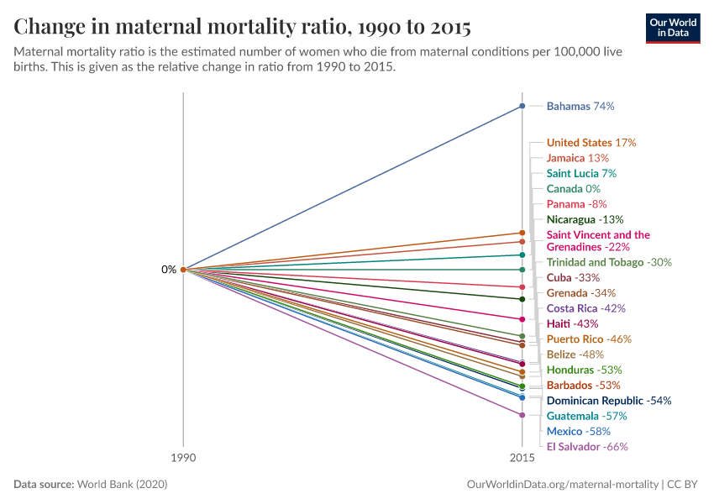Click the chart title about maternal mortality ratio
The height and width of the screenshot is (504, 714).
242,27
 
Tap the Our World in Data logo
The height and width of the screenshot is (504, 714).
672,28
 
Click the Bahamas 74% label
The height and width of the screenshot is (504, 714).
580,107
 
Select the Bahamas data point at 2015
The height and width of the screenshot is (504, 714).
522,106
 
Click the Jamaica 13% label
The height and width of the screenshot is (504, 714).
578,158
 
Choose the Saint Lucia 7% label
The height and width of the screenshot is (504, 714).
581,173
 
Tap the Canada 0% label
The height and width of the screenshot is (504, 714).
573,189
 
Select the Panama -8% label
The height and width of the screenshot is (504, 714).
576,204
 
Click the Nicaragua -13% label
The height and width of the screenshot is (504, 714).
584,219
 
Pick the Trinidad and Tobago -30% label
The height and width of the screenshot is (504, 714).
609,262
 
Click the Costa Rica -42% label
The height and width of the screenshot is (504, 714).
585,308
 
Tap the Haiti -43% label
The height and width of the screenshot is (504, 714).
572,323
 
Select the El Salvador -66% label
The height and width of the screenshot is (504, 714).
587,447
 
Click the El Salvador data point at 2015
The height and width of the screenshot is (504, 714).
522,415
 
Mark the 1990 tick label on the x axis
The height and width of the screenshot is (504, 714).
183,458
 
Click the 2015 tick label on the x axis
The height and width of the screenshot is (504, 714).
522,458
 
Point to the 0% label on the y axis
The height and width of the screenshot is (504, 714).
169,270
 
